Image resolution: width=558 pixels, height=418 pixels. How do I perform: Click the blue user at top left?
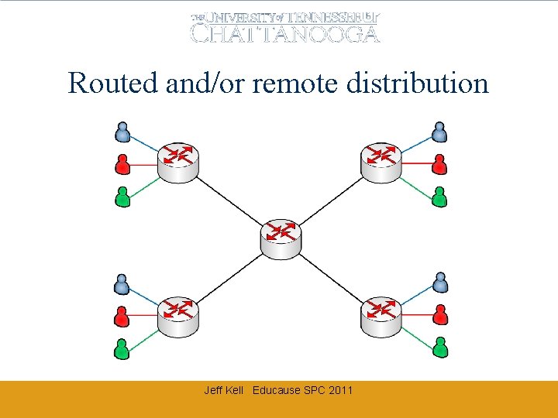pyautogui.click(x=122, y=132)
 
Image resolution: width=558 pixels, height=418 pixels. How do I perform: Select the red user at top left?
pyautogui.click(x=122, y=163)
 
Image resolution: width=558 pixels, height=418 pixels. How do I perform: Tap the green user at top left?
pyautogui.click(x=122, y=197)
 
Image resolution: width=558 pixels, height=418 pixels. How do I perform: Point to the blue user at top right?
pyautogui.click(x=439, y=132)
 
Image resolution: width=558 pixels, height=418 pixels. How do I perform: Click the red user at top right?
pyautogui.click(x=439, y=163)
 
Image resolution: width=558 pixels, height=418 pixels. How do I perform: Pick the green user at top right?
pyautogui.click(x=439, y=197)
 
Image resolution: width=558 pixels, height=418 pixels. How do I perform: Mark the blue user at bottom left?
pyautogui.click(x=122, y=284)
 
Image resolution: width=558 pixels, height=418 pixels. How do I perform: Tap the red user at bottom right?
pyautogui.click(x=439, y=314)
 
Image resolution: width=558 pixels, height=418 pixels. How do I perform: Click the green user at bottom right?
pyautogui.click(x=439, y=348)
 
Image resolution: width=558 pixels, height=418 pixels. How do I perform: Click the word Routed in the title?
pyautogui.click(x=113, y=83)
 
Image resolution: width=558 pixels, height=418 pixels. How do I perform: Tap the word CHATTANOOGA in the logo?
pyautogui.click(x=285, y=33)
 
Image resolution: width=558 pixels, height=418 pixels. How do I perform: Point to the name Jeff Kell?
pyautogui.click(x=223, y=390)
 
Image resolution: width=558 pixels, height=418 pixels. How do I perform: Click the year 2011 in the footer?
pyautogui.click(x=340, y=390)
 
